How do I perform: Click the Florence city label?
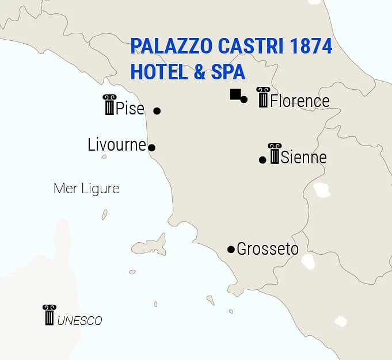(300, 101)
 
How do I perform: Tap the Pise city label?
(130, 108)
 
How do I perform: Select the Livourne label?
(117, 144)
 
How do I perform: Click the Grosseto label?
(268, 249)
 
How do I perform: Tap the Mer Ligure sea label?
(86, 188)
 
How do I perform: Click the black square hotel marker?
(235, 94)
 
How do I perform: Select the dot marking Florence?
(244, 99)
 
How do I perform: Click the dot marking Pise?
(157, 110)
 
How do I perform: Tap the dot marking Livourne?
(151, 148)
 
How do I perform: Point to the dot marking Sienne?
(262, 160)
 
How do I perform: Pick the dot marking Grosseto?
(231, 250)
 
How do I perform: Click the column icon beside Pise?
(109, 105)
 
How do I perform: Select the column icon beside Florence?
(263, 97)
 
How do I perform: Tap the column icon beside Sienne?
(274, 154)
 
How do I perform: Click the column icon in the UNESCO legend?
(49, 315)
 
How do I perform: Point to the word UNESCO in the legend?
(79, 321)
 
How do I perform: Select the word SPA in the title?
(227, 72)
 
